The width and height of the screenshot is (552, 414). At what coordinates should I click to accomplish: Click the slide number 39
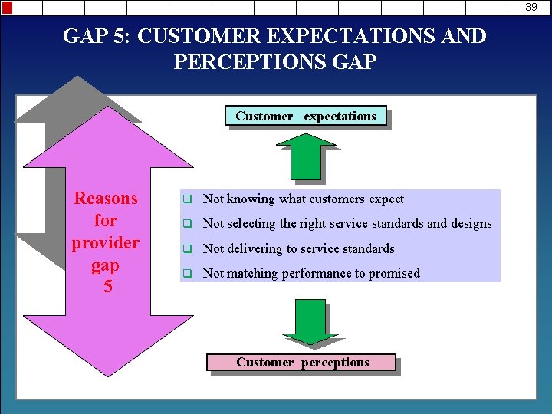coord(531,7)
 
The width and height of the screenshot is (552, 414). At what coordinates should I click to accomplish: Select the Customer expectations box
coord(306,117)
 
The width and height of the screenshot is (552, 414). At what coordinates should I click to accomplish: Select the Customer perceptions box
coord(302,363)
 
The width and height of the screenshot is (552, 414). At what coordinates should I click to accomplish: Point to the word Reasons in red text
coord(106,199)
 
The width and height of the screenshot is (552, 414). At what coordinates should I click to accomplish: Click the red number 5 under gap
coord(107,287)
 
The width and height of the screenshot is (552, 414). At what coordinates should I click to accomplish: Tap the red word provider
coord(106,243)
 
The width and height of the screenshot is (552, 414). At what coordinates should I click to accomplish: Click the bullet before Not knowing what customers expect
coord(186,199)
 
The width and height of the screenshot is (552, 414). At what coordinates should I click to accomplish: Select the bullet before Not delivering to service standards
coord(186,249)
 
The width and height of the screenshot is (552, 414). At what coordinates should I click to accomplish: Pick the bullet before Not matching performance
coord(186,274)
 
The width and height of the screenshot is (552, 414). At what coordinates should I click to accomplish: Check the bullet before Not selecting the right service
coord(186,224)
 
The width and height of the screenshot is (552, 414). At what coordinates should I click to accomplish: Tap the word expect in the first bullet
coord(386,199)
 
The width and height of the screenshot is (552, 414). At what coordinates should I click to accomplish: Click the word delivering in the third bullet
coord(255,249)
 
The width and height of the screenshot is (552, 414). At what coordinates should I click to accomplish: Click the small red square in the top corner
coord(8,8)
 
